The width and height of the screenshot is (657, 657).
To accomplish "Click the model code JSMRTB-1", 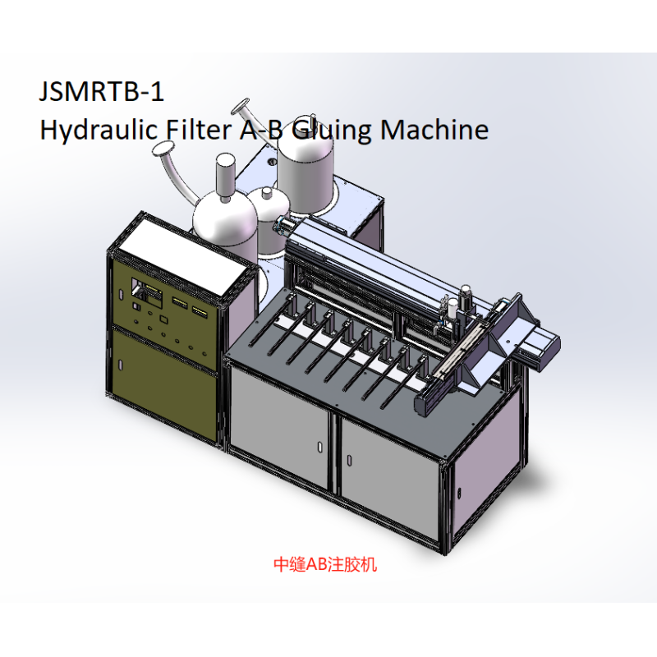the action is (101, 91).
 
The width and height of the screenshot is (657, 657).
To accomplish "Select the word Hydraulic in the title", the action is (98, 131).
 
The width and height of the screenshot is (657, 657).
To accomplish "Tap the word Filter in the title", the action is (199, 129).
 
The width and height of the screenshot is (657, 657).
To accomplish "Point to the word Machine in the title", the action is (434, 129).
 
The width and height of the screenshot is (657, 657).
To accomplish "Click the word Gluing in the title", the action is (331, 131).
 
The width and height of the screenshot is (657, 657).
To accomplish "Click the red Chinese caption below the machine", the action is (325, 564).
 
